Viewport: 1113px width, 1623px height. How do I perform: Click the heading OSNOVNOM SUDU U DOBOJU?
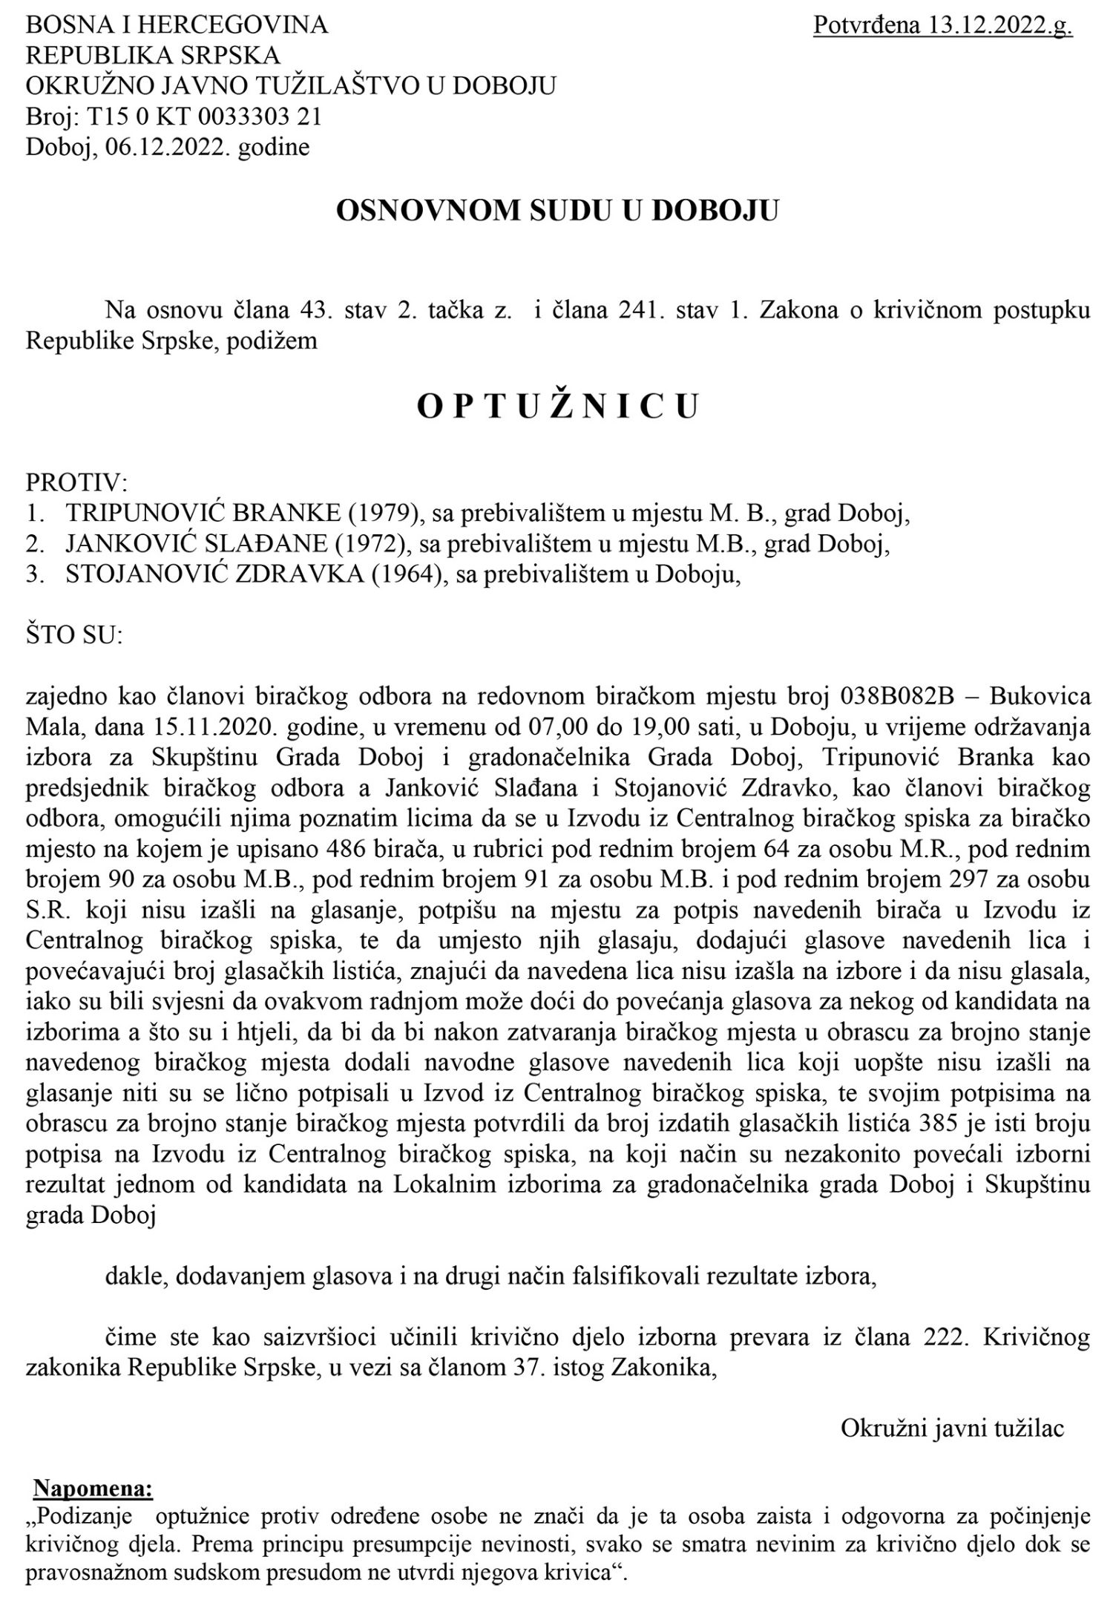(x=557, y=212)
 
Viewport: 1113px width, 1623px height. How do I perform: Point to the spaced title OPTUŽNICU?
(x=557, y=407)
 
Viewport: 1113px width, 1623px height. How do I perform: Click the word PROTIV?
(x=77, y=483)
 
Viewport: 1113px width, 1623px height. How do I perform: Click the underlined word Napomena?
(x=93, y=1467)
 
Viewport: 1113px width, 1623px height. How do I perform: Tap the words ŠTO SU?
(x=74, y=637)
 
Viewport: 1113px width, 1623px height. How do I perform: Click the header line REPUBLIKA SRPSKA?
(x=154, y=56)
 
